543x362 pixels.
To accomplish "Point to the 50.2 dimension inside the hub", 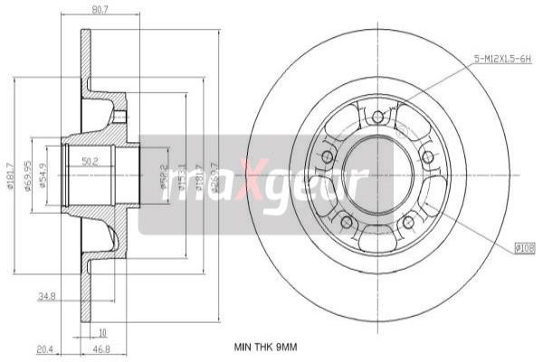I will (90, 162).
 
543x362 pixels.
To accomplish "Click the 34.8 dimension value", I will (47, 295).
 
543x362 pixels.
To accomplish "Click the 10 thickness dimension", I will (102, 331).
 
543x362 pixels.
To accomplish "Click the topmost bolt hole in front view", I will (377, 116).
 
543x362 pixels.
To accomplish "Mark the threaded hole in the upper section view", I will (119, 115).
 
